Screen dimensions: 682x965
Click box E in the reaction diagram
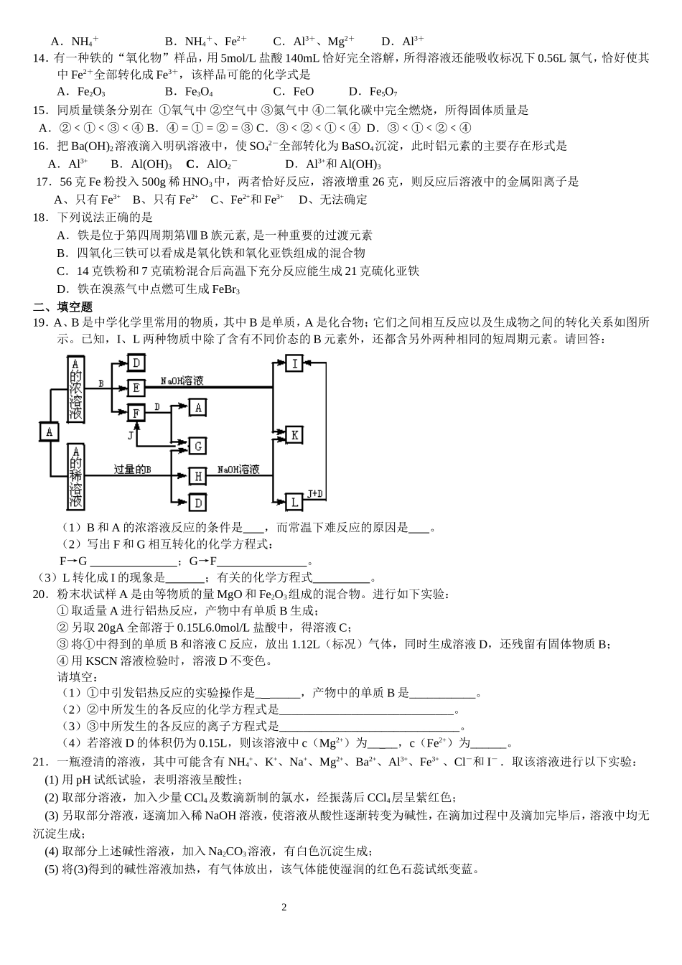[x=136, y=388]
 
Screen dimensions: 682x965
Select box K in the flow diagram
[x=294, y=434]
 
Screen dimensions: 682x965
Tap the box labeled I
[x=294, y=363]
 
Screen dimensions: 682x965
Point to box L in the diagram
[x=294, y=501]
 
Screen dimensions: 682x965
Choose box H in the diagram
[x=197, y=475]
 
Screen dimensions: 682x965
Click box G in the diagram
[x=197, y=446]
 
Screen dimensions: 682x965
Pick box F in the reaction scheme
[x=136, y=413]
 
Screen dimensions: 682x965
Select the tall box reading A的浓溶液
[x=75, y=388]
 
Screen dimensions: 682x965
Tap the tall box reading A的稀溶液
[x=75, y=476]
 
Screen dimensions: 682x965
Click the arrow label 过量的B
[x=132, y=469]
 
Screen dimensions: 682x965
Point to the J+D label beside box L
[x=316, y=493]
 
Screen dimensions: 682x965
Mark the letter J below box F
[x=131, y=435]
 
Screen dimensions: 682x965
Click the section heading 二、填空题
[x=63, y=307]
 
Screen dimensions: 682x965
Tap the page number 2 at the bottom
[x=284, y=907]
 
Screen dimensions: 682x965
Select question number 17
[x=42, y=182]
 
